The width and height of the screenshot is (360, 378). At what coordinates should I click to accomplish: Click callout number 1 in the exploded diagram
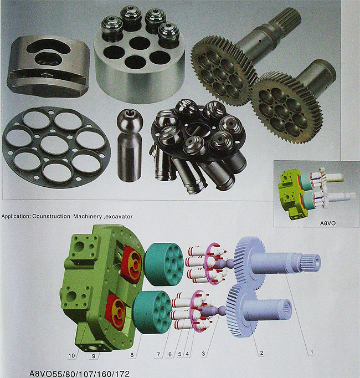[311, 353]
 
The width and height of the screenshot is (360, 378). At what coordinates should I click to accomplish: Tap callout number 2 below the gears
[261, 353]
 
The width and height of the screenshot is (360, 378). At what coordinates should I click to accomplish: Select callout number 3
[203, 354]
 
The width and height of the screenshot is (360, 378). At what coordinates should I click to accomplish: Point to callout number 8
[132, 355]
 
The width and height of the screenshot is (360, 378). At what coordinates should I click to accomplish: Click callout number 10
[71, 356]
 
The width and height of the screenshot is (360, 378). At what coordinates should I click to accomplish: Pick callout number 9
[94, 356]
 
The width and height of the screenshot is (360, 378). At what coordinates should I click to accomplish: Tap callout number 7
[158, 354]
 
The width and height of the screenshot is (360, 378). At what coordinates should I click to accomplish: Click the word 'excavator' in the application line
[119, 217]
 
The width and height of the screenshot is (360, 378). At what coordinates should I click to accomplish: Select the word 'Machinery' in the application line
[88, 217]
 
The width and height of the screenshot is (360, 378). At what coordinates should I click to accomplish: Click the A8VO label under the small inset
[327, 223]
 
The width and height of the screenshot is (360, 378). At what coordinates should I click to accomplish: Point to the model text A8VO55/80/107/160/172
[79, 374]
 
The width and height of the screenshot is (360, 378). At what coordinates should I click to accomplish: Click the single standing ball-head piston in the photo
[130, 145]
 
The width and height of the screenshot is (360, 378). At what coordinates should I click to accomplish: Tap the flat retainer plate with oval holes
[56, 147]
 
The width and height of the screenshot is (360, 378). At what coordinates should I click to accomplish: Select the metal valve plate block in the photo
[48, 65]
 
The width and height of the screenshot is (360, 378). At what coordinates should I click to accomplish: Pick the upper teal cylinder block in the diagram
[163, 264]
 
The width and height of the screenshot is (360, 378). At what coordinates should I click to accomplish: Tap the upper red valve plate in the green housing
[132, 264]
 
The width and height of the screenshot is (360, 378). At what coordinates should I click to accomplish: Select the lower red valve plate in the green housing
[116, 312]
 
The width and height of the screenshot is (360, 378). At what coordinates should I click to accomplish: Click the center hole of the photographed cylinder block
[140, 43]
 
